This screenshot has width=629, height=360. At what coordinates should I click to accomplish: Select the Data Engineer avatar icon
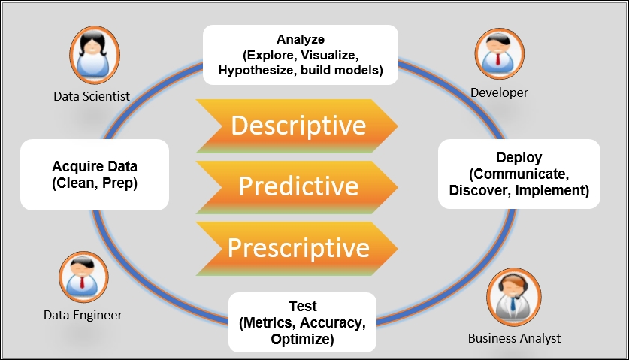coord(83,276)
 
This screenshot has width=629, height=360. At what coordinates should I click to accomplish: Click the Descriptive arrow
coord(297,126)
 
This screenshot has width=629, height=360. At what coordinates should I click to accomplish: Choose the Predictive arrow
coord(297,186)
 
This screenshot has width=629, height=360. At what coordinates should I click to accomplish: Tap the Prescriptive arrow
coord(297,247)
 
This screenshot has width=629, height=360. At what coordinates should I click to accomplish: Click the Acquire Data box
coord(95,174)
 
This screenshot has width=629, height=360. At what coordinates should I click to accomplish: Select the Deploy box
coord(519,174)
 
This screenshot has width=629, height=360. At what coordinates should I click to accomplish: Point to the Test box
coord(302,322)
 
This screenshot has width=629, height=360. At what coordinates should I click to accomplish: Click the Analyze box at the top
coord(301,53)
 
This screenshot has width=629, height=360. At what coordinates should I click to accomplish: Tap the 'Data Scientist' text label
coord(92,96)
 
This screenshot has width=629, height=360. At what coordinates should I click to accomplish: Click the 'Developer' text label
coord(499,92)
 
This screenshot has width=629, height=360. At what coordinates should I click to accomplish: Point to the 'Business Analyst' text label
coord(514,337)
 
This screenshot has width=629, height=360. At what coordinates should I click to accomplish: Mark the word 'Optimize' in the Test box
coord(302,339)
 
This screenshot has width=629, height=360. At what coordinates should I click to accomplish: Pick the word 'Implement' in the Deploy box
coord(553,190)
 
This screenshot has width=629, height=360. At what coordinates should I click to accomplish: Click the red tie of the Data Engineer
coord(83,283)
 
